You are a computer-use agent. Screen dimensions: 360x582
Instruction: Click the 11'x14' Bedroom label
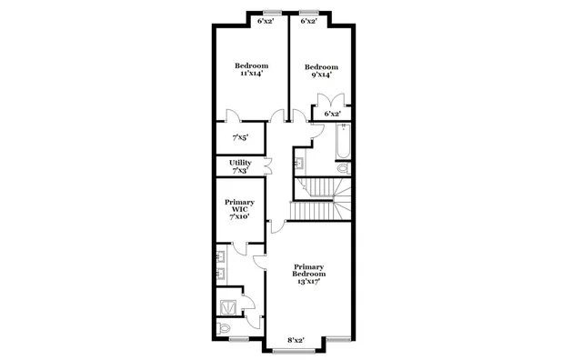252,70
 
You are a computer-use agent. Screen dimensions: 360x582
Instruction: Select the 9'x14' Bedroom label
321,71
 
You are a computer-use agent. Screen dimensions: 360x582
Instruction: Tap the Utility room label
240,166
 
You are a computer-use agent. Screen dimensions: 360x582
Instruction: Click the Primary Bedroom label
308,274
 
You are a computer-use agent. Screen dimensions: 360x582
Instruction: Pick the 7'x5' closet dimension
240,137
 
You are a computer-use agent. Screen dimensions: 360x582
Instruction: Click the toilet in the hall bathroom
344,168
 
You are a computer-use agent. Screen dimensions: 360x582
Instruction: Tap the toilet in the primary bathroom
225,328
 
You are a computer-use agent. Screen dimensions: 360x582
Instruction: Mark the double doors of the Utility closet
266,165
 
